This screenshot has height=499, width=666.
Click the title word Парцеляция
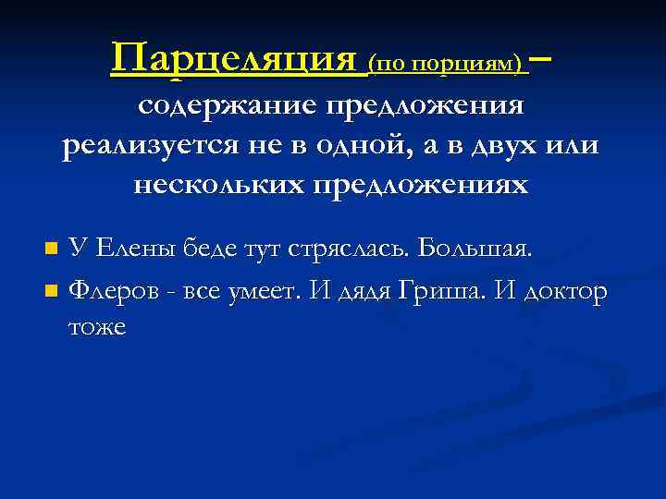pyautogui.click(x=233, y=60)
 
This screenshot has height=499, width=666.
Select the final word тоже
pyautogui.click(x=98, y=327)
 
